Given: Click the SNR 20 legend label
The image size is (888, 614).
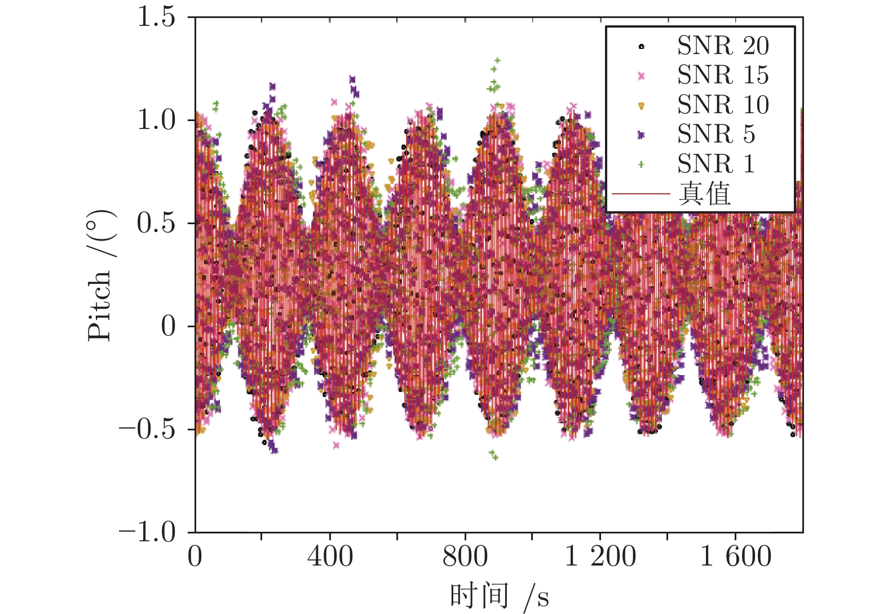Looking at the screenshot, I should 723,46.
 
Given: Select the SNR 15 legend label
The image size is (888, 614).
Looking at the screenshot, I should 723,75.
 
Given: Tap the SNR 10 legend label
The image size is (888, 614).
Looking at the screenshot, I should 723,105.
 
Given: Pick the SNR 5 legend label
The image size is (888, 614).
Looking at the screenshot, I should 715,134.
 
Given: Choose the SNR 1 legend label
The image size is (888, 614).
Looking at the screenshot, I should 715,164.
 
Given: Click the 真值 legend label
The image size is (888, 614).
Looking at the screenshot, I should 705,194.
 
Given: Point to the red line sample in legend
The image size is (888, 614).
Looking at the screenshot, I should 641,194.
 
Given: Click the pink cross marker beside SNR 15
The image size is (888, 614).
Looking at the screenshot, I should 641,75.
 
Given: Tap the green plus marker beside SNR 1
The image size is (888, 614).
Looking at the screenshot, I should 641,164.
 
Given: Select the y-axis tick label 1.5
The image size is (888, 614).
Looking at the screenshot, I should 156,17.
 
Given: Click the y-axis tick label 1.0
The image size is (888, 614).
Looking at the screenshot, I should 156,120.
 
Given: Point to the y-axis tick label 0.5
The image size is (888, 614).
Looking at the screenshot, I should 156,223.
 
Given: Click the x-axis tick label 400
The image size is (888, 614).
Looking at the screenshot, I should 330,557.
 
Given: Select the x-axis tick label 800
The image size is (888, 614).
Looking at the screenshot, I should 465,557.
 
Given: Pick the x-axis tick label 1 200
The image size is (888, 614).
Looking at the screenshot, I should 600,557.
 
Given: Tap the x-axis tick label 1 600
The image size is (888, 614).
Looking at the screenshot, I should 735,557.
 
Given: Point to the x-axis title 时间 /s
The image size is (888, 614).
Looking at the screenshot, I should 499,596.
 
